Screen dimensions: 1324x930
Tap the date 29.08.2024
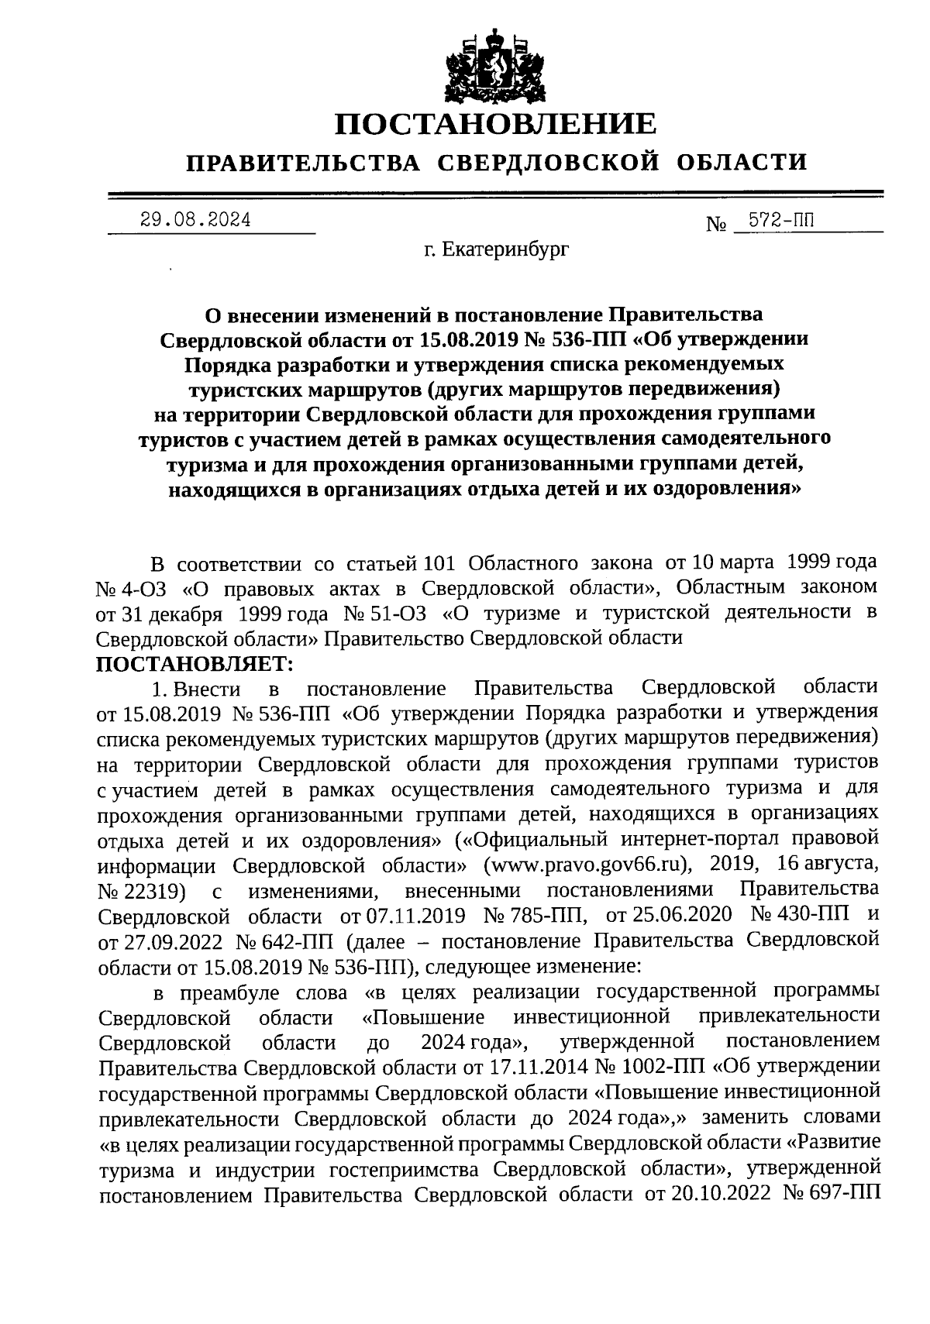point(195,220)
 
